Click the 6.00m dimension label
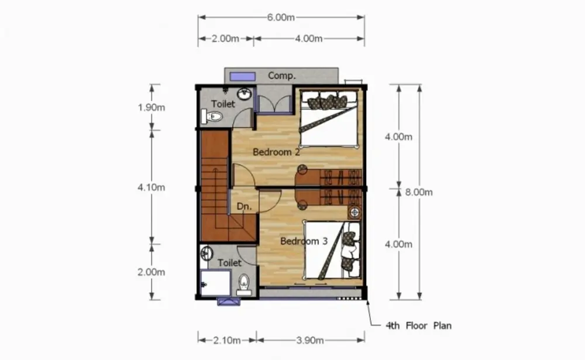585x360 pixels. (x=281, y=17)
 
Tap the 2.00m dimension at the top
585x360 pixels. (x=225, y=39)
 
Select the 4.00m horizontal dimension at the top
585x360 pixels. (x=308, y=39)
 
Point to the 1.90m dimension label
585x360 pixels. (x=151, y=108)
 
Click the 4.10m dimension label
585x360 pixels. (x=151, y=187)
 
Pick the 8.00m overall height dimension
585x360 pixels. (x=419, y=192)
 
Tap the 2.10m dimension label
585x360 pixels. (x=227, y=340)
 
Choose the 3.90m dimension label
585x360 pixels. (x=310, y=340)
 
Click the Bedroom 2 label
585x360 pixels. (x=276, y=152)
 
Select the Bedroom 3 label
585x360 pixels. (x=304, y=241)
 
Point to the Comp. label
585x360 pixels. (x=282, y=76)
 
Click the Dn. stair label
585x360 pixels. (x=244, y=206)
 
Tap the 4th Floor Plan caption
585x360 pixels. (x=418, y=325)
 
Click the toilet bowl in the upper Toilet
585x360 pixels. (x=212, y=116)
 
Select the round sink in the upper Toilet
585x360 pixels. (x=245, y=94)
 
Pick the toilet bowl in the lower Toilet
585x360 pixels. (x=244, y=284)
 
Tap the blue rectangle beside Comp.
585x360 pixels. (x=243, y=77)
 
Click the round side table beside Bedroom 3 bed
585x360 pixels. (x=355, y=212)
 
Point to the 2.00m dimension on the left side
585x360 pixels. (x=151, y=272)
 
